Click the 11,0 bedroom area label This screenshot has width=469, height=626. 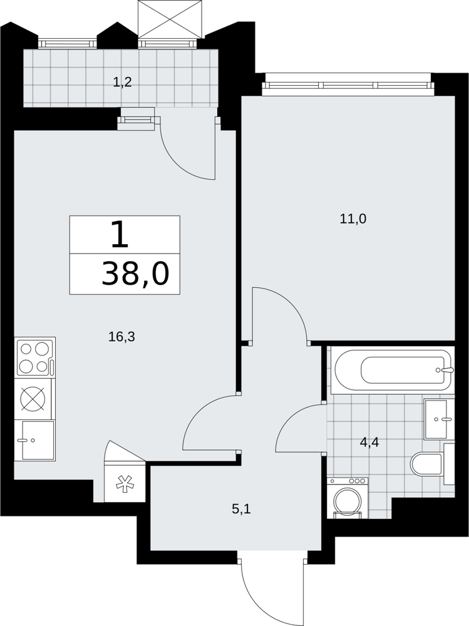click(353, 218)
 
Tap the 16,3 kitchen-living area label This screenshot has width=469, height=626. click(122, 337)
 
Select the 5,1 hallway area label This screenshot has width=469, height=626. click(241, 509)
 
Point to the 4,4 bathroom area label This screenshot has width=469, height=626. click(369, 442)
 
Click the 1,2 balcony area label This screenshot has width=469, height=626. click(122, 83)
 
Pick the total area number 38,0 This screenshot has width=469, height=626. click(136, 275)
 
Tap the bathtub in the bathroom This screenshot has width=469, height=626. click(393, 370)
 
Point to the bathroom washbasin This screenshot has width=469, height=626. click(439, 419)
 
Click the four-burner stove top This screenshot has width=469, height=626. click(35, 357)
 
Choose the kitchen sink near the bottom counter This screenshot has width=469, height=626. click(36, 440)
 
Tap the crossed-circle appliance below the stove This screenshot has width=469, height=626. click(33, 398)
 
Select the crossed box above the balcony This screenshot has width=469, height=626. click(168, 19)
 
